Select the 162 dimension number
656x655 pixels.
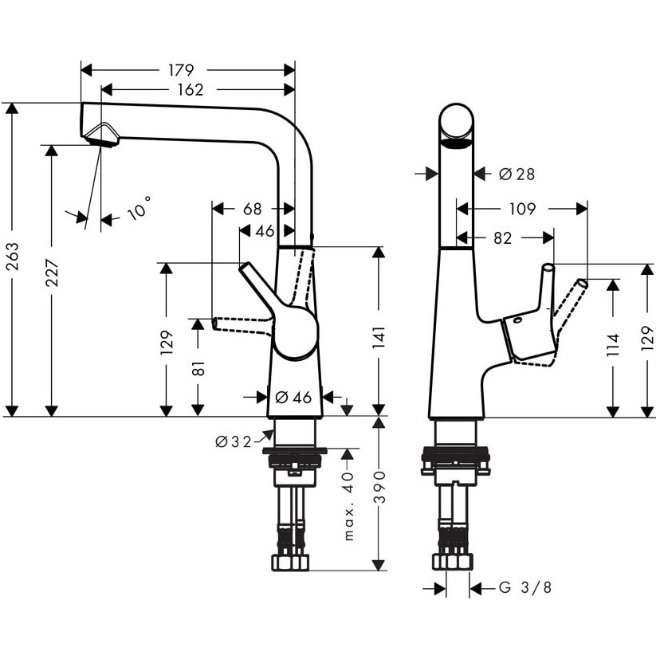tap(189, 90)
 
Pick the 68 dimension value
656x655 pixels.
tap(252, 210)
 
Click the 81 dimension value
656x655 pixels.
tap(199, 368)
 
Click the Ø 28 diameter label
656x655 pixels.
tap(517, 174)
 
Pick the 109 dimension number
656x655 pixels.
tap(522, 210)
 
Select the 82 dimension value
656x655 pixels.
tap(504, 238)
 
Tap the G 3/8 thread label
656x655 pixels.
tap(525, 588)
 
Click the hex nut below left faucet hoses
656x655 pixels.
tap(289, 561)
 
